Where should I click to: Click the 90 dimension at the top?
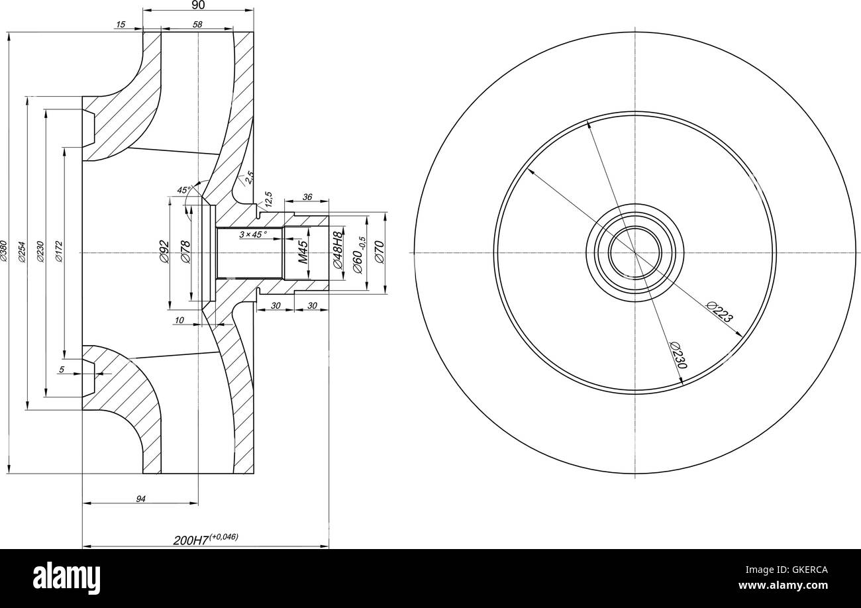click(x=198, y=5)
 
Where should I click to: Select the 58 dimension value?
click(x=197, y=25)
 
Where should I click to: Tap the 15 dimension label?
click(x=120, y=25)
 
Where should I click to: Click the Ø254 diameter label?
click(x=22, y=252)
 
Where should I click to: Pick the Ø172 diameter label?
click(x=59, y=252)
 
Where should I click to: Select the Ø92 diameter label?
click(x=164, y=252)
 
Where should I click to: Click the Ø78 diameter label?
click(x=185, y=252)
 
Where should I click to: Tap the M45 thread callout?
click(x=303, y=252)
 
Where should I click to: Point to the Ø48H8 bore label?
click(x=338, y=250)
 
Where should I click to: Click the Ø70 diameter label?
click(x=380, y=252)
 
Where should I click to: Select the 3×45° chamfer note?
click(x=253, y=234)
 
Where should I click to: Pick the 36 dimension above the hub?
click(x=307, y=197)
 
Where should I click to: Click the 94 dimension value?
click(x=140, y=499)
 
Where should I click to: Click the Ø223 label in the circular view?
click(x=719, y=312)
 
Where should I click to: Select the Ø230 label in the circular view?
click(x=678, y=356)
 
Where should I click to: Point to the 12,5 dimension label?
click(x=268, y=199)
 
